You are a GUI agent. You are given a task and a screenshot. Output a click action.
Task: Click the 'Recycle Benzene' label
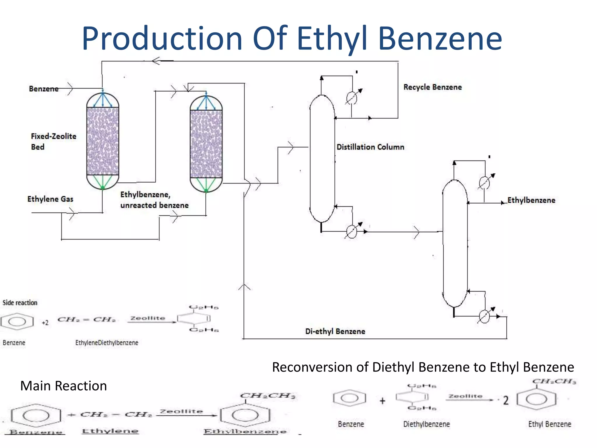432,87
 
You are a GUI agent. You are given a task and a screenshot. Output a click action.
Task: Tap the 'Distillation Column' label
370,147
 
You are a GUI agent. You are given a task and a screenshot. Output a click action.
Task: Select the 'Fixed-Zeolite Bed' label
53,141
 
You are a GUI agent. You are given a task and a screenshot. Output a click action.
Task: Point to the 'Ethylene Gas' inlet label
50,199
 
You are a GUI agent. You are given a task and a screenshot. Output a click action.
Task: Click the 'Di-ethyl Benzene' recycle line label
335,331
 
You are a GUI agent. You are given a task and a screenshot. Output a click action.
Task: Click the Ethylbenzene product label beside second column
531,200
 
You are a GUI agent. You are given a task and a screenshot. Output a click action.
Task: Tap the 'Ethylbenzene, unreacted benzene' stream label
154,200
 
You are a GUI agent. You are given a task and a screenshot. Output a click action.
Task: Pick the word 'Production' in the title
162,39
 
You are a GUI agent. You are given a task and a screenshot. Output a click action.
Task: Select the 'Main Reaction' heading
63,386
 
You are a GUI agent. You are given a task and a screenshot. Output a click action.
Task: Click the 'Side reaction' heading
20,303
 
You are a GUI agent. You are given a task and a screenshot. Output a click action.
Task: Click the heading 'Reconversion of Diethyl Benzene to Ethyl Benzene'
423,367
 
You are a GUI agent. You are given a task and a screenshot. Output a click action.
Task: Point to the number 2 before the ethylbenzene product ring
506,400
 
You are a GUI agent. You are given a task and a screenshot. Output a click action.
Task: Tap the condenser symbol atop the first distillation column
352,98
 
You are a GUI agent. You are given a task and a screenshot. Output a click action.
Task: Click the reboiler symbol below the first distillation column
352,232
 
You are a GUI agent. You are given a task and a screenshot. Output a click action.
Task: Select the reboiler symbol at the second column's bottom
484,316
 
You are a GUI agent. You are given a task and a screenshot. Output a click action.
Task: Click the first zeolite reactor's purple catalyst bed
103,141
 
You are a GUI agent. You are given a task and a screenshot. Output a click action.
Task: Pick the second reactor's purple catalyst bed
206,144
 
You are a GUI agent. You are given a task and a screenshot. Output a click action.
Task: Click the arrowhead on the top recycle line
156,61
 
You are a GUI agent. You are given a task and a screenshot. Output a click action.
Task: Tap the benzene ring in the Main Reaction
36,416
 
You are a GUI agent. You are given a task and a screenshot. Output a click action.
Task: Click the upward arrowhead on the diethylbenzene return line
244,287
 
